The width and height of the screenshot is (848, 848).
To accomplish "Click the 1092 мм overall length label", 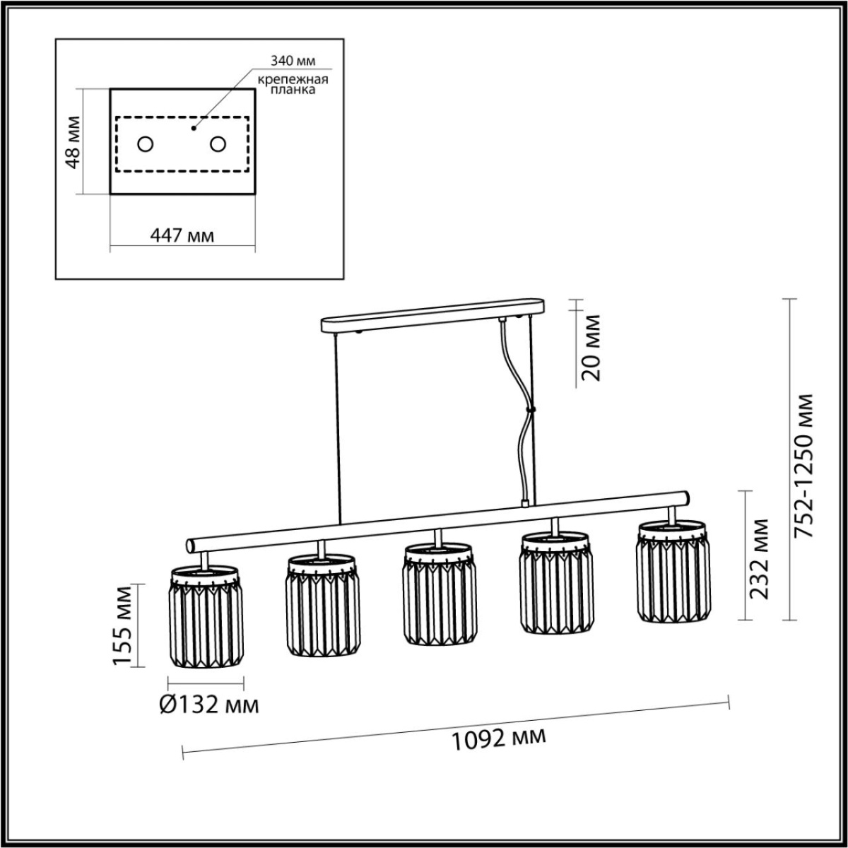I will [x=499, y=738].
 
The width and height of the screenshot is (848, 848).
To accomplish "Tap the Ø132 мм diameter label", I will [x=208, y=705].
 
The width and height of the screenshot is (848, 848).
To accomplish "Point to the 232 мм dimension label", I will [x=760, y=558].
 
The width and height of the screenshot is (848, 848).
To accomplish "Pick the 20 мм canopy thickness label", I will [x=591, y=348].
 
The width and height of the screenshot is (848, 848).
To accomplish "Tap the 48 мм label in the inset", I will [x=72, y=141].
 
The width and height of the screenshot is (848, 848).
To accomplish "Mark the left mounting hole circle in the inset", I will [x=146, y=144].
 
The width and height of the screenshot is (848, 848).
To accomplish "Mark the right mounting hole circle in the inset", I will [x=218, y=144].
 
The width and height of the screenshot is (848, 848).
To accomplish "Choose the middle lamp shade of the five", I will [x=438, y=594].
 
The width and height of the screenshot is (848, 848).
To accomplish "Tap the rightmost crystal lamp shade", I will [x=673, y=572].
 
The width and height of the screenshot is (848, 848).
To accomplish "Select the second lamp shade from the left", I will [x=322, y=605].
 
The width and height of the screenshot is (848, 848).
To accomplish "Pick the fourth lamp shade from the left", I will [x=555, y=583].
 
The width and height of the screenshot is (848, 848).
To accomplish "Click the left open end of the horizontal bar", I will [x=190, y=545].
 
